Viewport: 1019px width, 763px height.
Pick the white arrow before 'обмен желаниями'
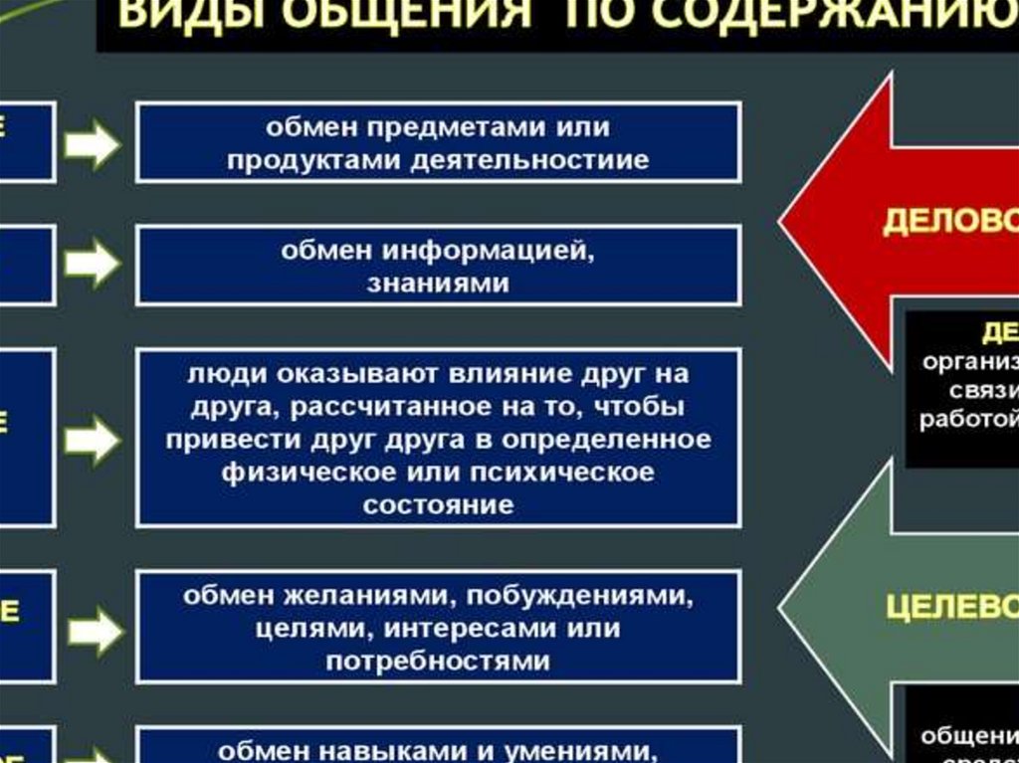point(94,630)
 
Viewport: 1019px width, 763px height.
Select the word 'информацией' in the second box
point(466,251)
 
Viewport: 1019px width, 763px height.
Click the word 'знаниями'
point(438,284)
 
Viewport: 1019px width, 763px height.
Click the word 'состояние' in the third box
point(438,503)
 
